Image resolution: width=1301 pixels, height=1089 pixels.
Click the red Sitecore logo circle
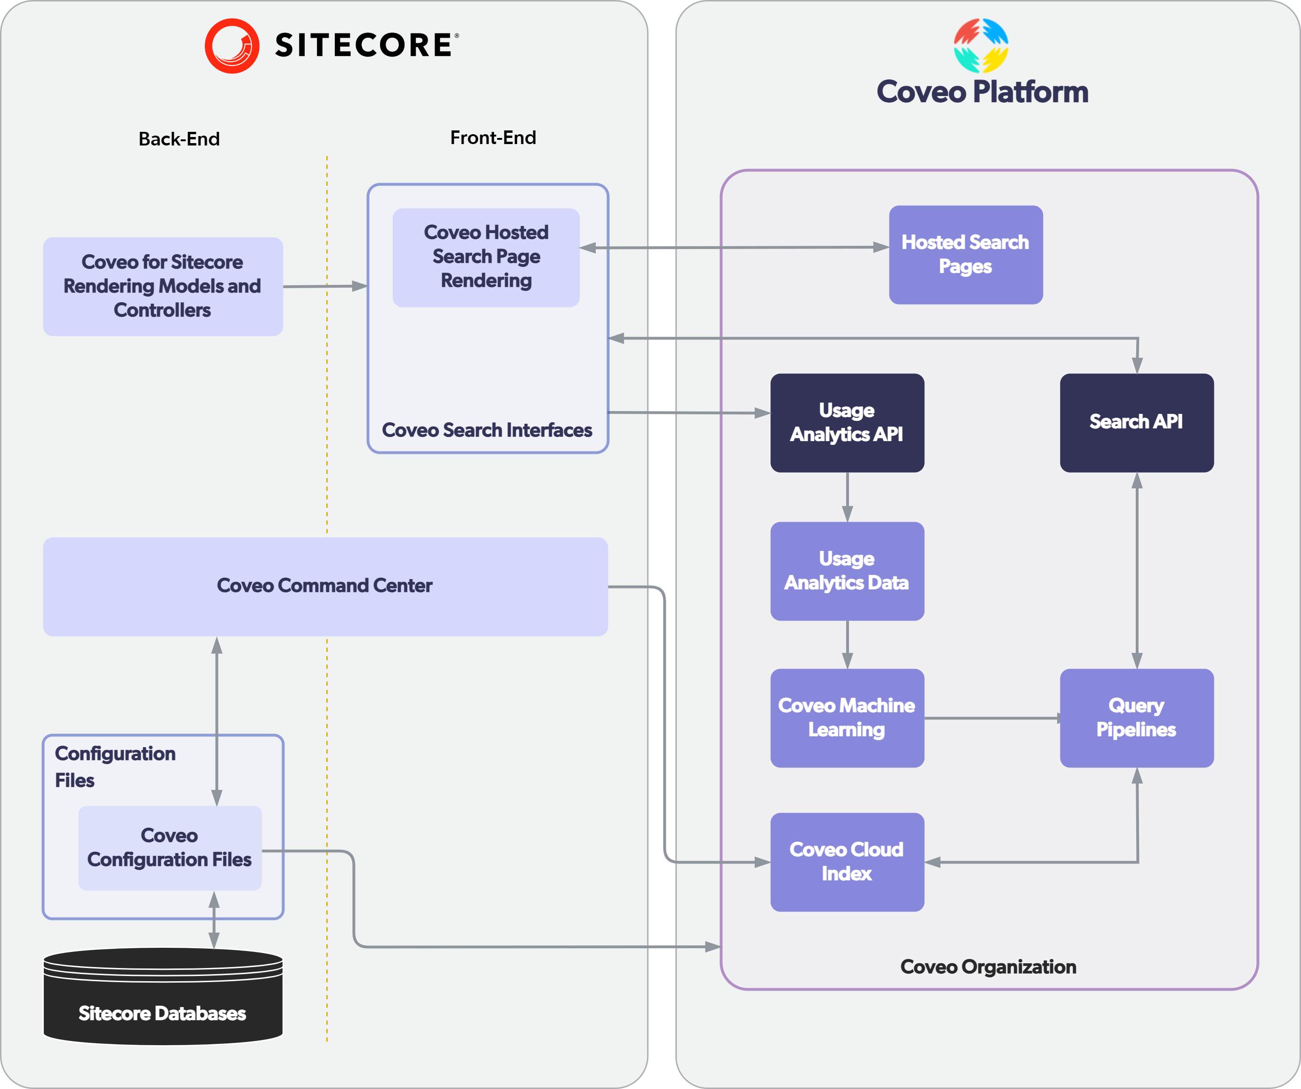[232, 46]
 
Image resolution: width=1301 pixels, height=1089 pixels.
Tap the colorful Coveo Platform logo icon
[981, 46]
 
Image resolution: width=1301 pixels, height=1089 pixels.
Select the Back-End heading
[179, 139]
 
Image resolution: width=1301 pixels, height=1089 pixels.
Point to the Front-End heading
[493, 137]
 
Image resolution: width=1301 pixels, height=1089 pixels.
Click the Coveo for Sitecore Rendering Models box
[163, 286]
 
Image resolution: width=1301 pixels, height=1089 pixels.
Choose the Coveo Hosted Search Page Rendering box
[486, 257]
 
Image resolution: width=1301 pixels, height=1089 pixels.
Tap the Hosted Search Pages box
[966, 255]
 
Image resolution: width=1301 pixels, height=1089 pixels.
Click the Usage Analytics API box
[848, 422]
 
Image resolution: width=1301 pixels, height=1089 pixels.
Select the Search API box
[1137, 422]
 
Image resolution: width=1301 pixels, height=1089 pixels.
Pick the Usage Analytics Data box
[848, 571]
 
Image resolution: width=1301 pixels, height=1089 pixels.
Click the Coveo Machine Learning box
[848, 718]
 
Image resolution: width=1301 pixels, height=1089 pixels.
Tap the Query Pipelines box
[1137, 718]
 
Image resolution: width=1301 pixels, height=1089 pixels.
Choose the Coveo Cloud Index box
[848, 862]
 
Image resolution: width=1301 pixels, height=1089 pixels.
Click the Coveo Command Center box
[325, 587]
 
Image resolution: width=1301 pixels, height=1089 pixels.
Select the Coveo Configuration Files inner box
[170, 848]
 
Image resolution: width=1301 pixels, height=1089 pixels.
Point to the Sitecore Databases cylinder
[163, 997]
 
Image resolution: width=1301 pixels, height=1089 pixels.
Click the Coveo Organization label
[988, 967]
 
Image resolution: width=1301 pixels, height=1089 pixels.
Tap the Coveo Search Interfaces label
[487, 430]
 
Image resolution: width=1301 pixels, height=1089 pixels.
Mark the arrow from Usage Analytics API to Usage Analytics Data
[848, 497]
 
